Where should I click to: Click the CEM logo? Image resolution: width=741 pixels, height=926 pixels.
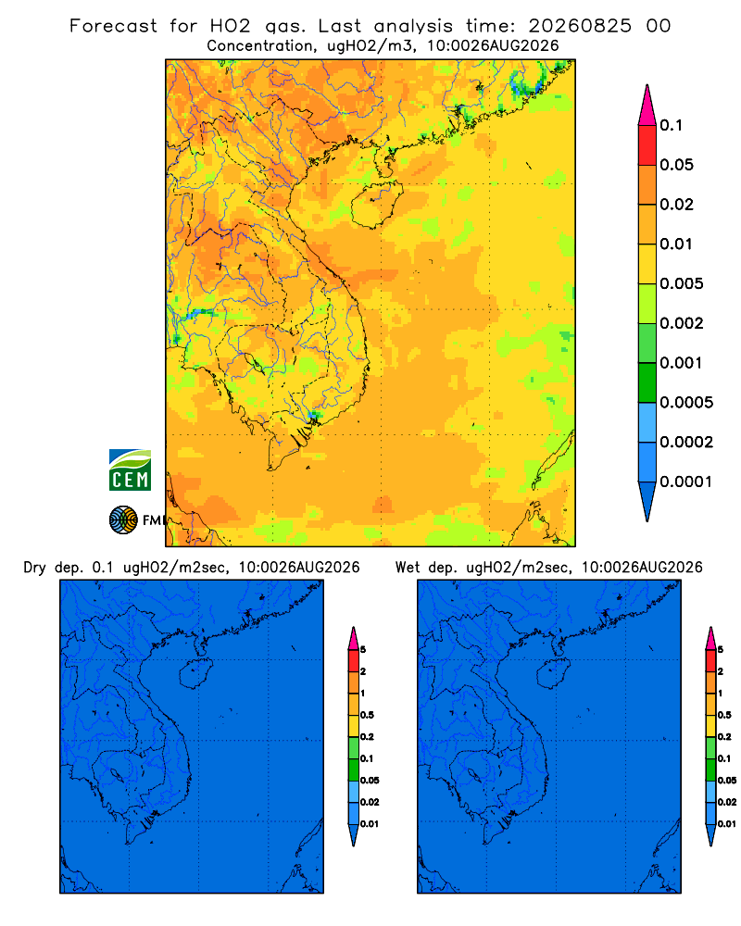point(130,470)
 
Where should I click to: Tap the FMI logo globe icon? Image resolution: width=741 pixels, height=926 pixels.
point(123,520)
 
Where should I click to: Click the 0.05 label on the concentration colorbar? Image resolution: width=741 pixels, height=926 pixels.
point(676,165)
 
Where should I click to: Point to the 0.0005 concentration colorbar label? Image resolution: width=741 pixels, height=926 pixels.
point(686,403)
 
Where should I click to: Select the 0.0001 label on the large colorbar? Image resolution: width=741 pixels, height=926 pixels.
point(686,482)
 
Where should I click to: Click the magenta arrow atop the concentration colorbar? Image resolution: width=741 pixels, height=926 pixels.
point(647,105)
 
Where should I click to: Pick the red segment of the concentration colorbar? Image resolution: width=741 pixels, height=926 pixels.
point(647,145)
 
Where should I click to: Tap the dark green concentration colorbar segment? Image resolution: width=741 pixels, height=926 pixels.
point(647,382)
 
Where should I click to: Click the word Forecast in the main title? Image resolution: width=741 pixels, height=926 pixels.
point(113,26)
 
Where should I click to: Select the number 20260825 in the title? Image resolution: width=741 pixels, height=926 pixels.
point(580,26)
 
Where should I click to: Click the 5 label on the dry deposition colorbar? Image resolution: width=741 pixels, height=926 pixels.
point(363,650)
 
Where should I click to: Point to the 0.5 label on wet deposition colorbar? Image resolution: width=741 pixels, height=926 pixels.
point(724,715)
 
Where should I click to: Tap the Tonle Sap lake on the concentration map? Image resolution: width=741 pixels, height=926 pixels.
point(255,362)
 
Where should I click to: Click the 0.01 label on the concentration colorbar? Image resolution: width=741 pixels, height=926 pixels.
point(676,244)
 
